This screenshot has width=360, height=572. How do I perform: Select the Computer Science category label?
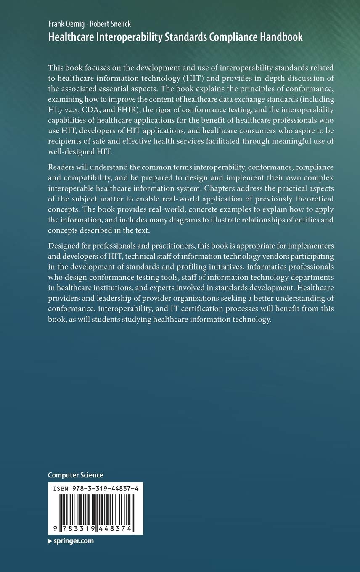(x=76, y=475)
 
